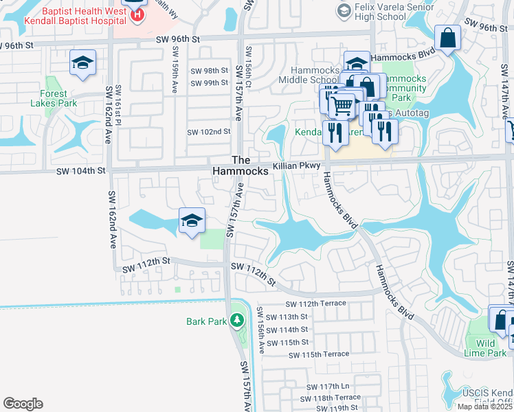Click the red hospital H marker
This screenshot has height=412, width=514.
click(x=138, y=14)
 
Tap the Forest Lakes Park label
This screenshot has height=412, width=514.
click(x=53, y=99)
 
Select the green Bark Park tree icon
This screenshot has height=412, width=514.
click(x=236, y=321)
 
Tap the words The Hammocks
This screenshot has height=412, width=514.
click(x=240, y=165)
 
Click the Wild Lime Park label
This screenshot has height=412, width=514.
click(x=487, y=348)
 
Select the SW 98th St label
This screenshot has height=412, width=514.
click(x=209, y=71)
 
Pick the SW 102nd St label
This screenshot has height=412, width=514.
click(x=209, y=132)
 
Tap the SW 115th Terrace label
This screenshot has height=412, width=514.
click(x=320, y=354)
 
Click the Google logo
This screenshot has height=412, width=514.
click(x=23, y=403)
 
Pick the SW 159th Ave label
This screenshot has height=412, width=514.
click(x=176, y=62)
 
